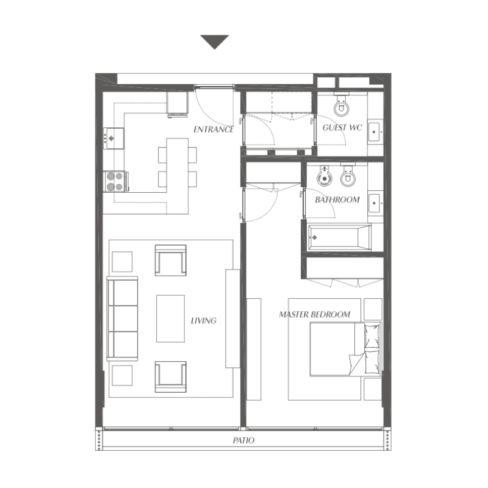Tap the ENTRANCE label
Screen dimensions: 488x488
[x=213, y=129]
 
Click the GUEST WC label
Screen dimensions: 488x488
[x=342, y=127]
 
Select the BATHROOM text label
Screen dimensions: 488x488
[x=337, y=199]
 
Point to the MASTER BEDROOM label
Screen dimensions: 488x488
[x=314, y=314]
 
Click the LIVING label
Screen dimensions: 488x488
[x=204, y=321]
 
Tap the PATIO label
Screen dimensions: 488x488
[x=243, y=440]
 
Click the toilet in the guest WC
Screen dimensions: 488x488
[x=342, y=104]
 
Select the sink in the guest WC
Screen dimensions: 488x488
[x=375, y=132]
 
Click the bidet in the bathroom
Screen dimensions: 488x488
[x=325, y=176]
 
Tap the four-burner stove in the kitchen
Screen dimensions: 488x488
[x=115, y=181]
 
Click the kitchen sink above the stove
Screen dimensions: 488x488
[x=113, y=138]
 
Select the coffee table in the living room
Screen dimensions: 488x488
[x=171, y=318]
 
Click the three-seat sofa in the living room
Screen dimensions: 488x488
[x=123, y=318]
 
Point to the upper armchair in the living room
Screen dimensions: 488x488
[x=171, y=260]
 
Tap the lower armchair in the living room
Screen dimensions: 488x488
[x=171, y=377]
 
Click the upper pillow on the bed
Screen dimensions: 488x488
[x=372, y=337]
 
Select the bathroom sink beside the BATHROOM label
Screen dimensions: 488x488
[x=375, y=203]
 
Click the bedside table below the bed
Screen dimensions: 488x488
[x=373, y=389]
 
